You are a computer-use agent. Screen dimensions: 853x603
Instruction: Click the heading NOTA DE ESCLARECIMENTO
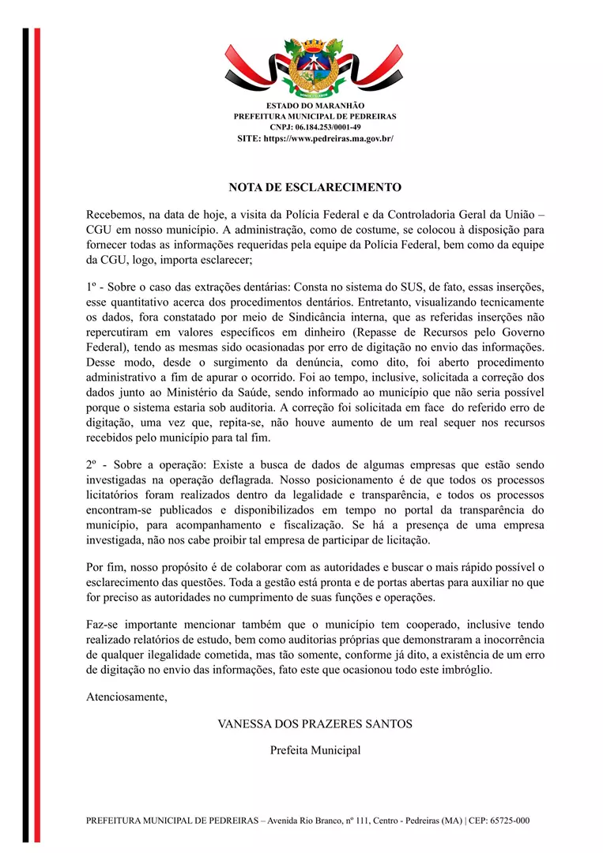coord(315,187)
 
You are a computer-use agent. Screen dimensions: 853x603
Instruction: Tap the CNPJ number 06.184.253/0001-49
coord(326,127)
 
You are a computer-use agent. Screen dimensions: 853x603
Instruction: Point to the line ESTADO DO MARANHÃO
coord(315,105)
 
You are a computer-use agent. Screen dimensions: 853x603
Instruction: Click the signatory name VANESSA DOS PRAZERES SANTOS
coord(315,723)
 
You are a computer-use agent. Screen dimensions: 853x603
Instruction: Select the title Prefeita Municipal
coord(315,750)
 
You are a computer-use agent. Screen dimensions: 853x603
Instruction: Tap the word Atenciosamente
coord(126,697)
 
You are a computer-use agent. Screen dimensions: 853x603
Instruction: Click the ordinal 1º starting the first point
coord(93,288)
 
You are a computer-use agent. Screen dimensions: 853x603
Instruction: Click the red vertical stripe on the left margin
coord(37,434)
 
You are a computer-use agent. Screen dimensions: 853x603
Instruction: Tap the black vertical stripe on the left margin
coord(25,434)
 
